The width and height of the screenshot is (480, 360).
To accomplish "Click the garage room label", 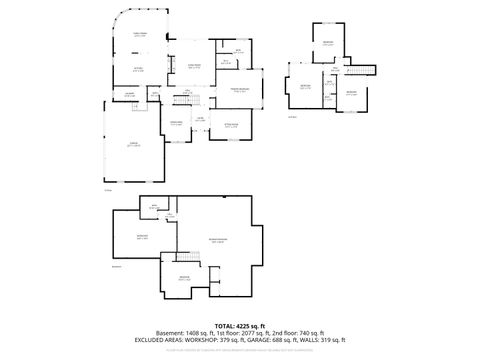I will pos(133,145).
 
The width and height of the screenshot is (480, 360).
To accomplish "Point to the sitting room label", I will pos(231,126).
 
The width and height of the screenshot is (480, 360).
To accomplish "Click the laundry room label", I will pos(130,95).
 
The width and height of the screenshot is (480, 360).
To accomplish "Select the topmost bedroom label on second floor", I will pos(328,42).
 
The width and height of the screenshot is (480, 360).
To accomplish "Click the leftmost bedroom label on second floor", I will pos(305,86).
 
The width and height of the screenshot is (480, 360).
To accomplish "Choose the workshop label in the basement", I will pos(141,237).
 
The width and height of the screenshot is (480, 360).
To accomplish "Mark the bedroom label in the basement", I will pos(184,277).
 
